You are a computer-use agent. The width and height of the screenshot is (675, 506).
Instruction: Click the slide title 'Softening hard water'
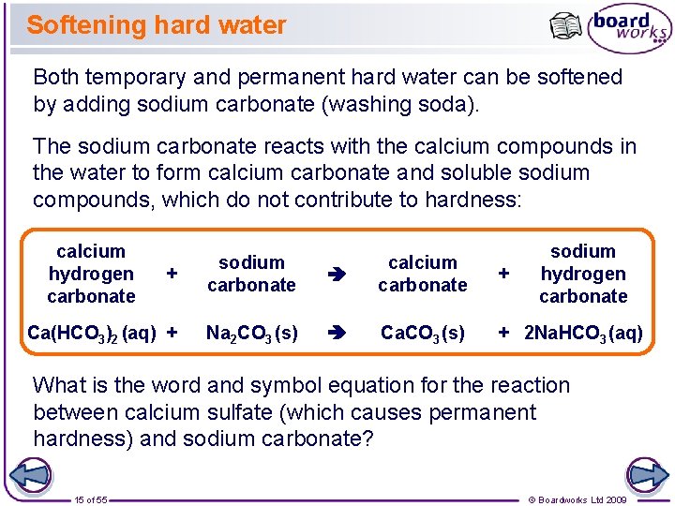[x=156, y=25]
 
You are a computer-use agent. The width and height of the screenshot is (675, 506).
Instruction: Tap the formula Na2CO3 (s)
[x=251, y=333]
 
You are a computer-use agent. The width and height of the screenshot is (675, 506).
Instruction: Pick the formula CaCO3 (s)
[x=422, y=333]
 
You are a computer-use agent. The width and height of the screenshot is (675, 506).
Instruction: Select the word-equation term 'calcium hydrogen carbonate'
[x=91, y=274]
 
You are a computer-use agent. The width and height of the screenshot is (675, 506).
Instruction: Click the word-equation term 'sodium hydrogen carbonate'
[x=583, y=274]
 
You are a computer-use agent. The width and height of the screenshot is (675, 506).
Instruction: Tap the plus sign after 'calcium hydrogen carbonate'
[x=172, y=274]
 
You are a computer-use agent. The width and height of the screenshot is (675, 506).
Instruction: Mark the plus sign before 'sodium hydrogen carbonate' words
[x=504, y=274]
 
